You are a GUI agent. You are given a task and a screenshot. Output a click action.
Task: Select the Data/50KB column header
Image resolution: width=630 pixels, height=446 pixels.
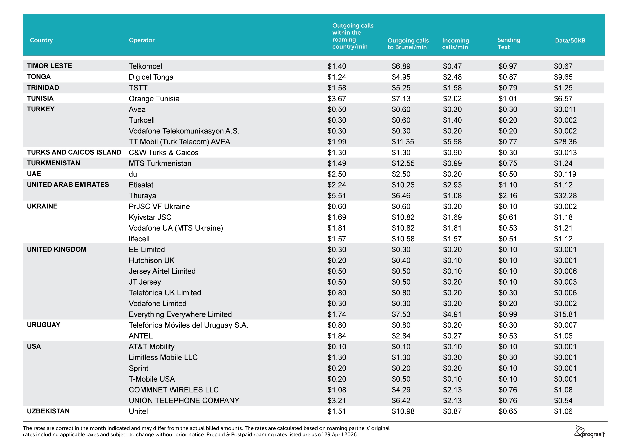[x=570, y=40]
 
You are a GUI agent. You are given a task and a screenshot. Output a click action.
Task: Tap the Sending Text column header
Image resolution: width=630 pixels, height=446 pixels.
[x=509, y=43]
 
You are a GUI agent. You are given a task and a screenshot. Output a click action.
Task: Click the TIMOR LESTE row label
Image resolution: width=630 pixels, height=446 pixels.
[x=49, y=66]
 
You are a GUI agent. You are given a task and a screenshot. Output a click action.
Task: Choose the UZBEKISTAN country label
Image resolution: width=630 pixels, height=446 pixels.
[x=48, y=411]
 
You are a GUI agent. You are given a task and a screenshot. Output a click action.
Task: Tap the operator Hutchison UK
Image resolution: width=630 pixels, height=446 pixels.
[x=151, y=260]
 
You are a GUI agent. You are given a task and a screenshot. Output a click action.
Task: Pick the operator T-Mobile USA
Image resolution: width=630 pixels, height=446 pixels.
[x=152, y=379]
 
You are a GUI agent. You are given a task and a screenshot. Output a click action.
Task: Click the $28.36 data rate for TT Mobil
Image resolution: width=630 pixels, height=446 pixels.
[x=565, y=142]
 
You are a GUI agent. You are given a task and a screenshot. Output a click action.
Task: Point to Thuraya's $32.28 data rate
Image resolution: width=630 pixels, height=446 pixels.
[x=565, y=196]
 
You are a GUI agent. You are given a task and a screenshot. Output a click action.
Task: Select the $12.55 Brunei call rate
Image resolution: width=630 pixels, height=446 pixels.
[x=403, y=163]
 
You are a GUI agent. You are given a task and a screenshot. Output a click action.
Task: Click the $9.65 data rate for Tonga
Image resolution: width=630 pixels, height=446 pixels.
[x=563, y=77]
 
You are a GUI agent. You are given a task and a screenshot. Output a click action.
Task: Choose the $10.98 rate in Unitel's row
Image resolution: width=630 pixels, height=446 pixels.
[x=403, y=411]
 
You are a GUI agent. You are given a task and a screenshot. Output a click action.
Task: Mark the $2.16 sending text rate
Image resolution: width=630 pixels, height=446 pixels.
[x=508, y=196]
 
